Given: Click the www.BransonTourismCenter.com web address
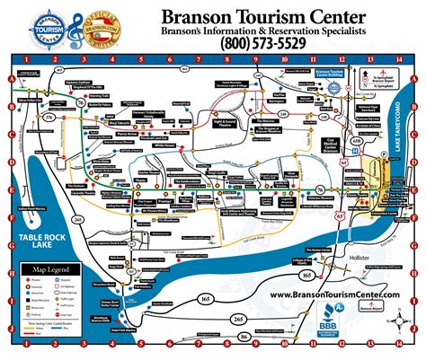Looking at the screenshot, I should tap(334, 294).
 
